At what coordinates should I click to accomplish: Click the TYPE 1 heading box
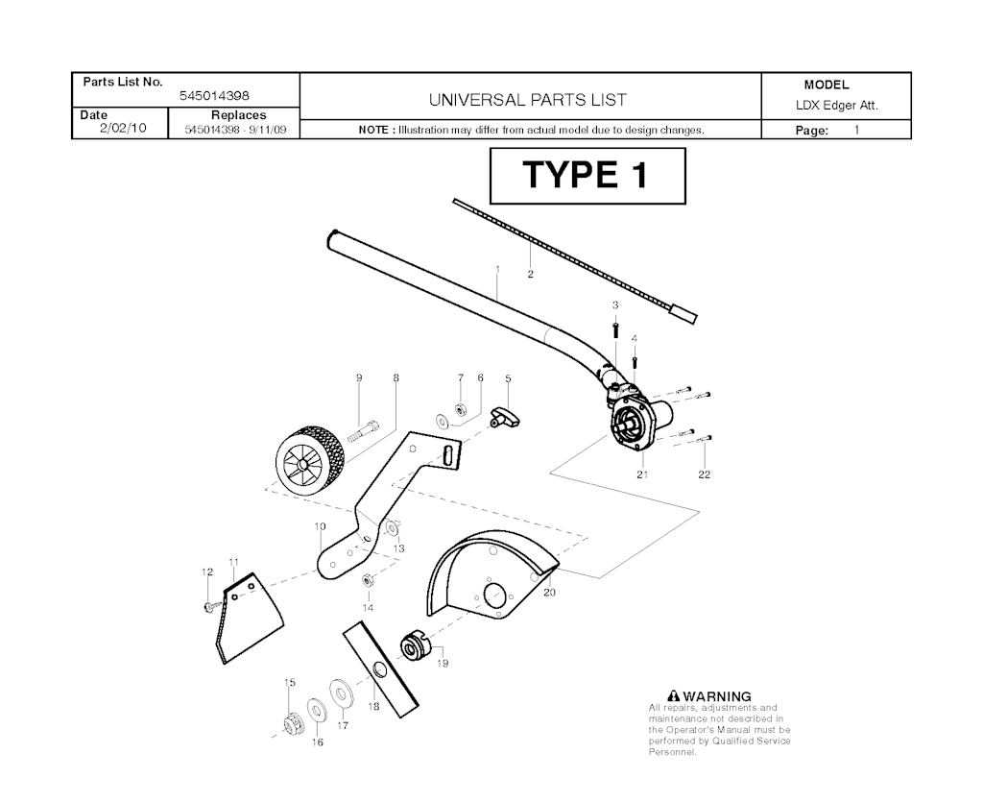(587, 176)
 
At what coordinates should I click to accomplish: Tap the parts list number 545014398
(214, 96)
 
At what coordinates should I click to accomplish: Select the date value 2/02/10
(123, 128)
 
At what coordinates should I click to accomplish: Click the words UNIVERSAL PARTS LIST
(527, 100)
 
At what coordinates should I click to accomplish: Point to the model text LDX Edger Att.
(836, 106)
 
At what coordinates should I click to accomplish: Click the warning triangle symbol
(674, 695)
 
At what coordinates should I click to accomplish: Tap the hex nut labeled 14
(369, 581)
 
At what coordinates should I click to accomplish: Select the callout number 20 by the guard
(549, 592)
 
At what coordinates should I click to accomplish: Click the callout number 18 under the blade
(373, 706)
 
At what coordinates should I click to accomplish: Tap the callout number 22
(704, 474)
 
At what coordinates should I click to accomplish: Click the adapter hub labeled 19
(413, 646)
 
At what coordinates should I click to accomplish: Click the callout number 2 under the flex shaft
(530, 274)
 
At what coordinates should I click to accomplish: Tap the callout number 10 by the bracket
(321, 526)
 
